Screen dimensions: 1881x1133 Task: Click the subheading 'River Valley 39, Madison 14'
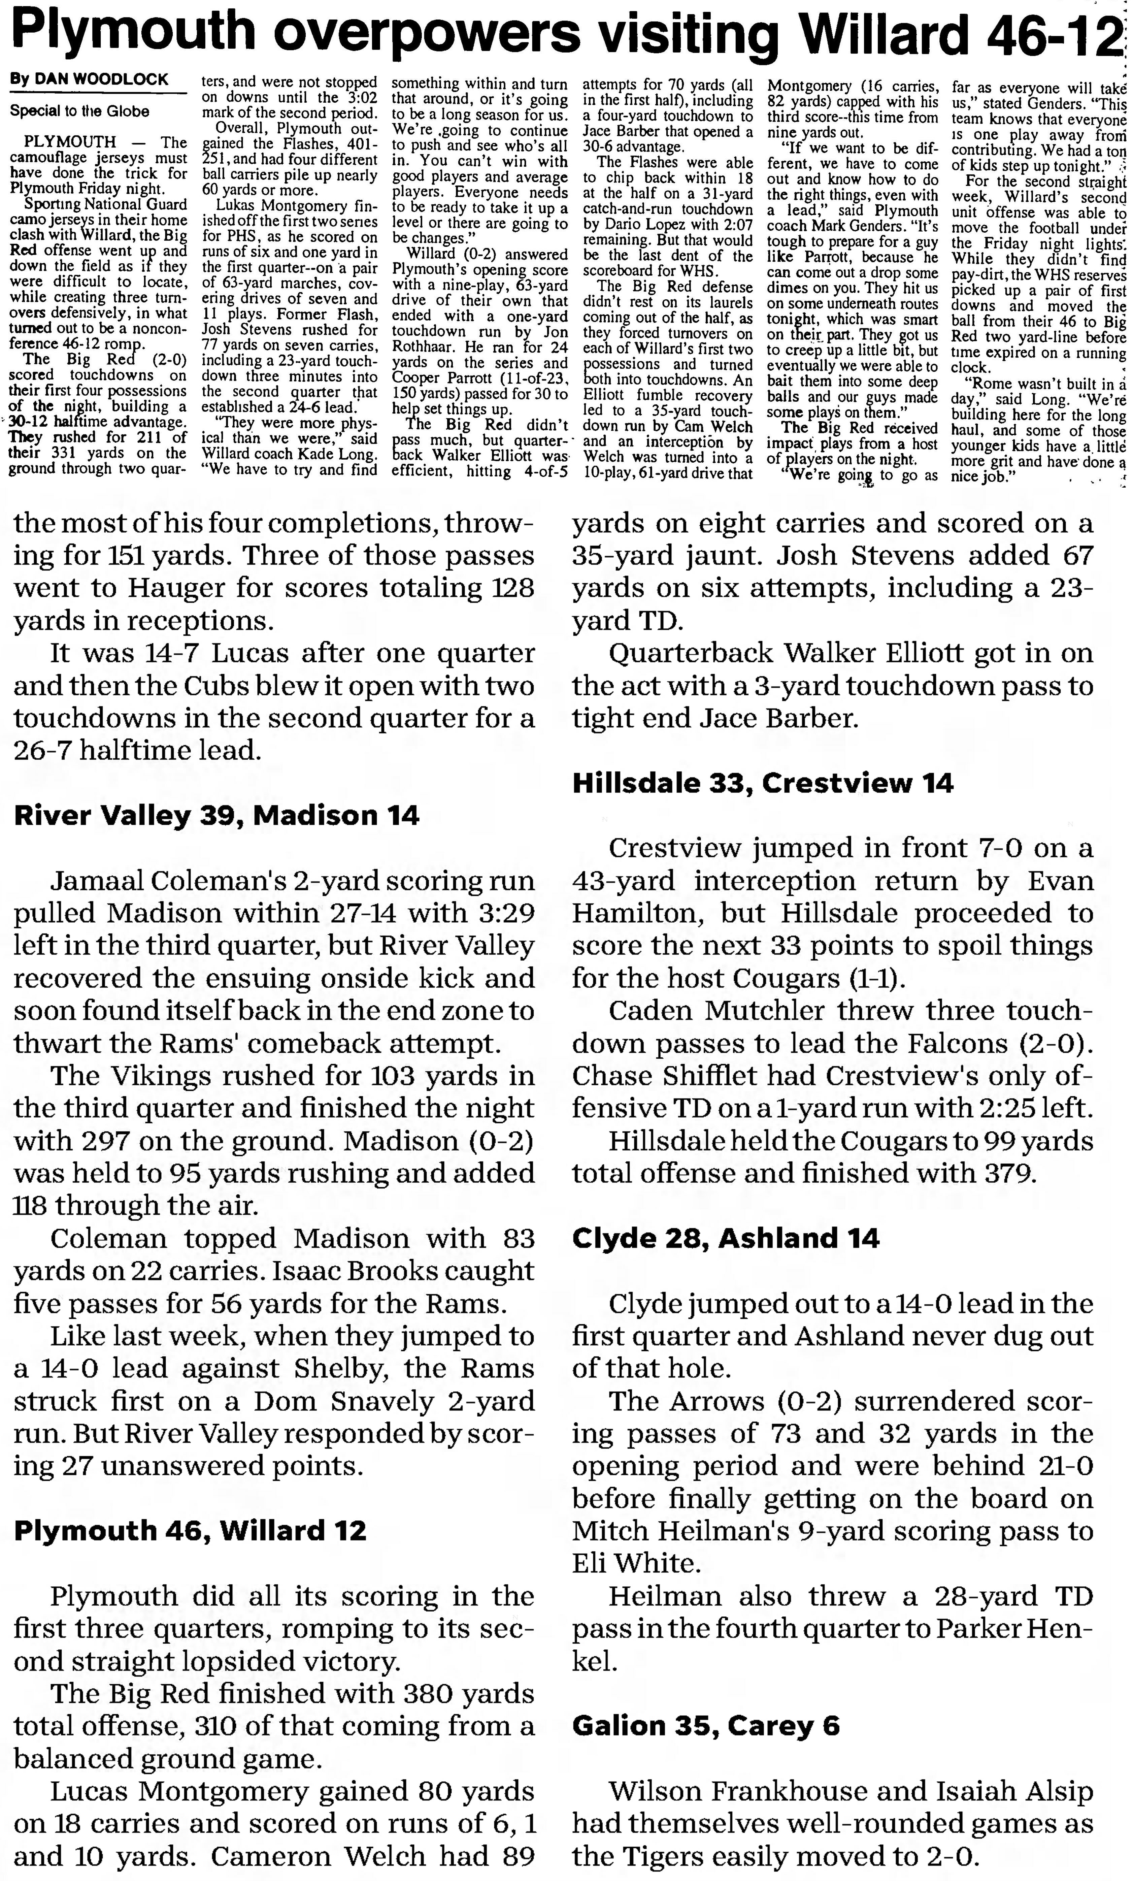pos(217,815)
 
